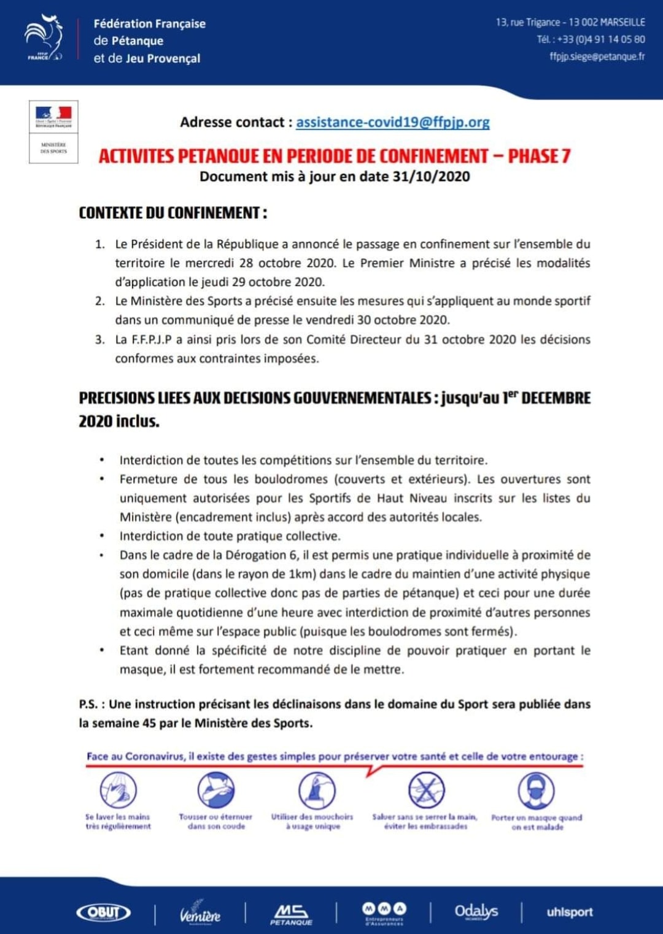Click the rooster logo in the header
tap(44, 38)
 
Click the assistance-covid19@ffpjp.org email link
tap(393, 122)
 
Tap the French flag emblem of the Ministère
tap(53, 114)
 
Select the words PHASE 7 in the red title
tap(540, 156)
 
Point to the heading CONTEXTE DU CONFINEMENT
tap(173, 213)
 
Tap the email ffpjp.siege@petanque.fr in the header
tap(597, 56)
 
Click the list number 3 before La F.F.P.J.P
tap(100, 339)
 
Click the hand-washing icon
tap(118, 790)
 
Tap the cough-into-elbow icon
tap(215, 790)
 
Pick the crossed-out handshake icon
tap(426, 790)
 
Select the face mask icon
tap(536, 790)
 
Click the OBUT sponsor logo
tap(103, 913)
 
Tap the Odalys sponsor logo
tap(476, 912)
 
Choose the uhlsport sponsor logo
tap(569, 913)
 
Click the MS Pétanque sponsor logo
tap(291, 914)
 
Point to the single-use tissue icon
tap(316, 790)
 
